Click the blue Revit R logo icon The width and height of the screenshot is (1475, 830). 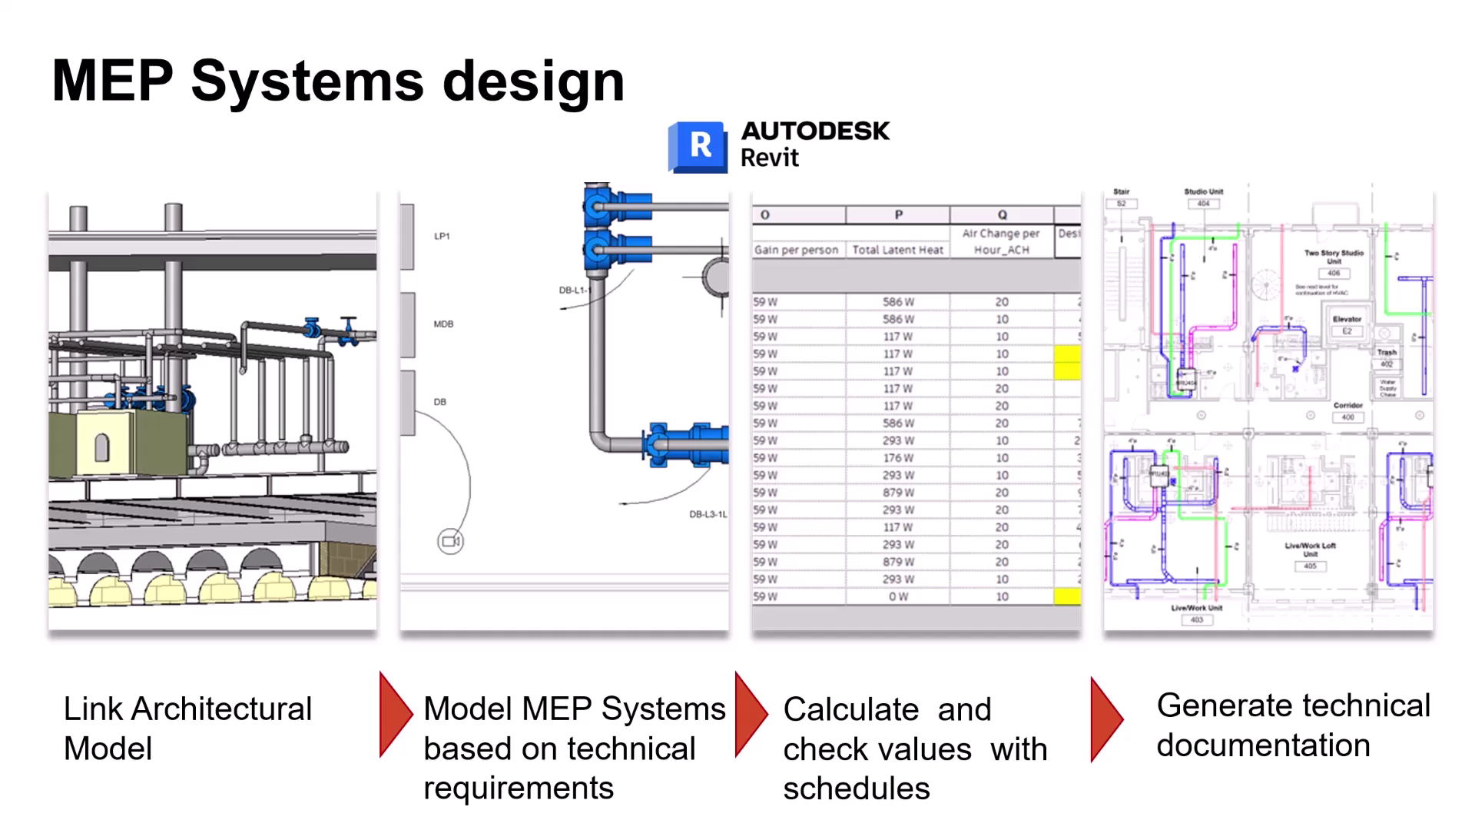tap(698, 146)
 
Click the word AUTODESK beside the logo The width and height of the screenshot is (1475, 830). tap(815, 131)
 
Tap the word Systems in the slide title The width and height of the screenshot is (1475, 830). tap(307, 81)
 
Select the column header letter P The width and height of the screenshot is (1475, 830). tap(898, 215)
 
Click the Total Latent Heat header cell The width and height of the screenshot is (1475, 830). tap(897, 250)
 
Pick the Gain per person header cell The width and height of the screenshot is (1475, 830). tap(797, 250)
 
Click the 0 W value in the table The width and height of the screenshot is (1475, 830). tap(898, 596)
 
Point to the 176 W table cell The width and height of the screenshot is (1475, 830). tap(898, 458)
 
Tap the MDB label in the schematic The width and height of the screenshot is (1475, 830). tap(443, 324)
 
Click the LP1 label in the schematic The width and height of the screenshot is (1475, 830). tap(442, 236)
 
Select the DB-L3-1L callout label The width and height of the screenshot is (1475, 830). tap(708, 514)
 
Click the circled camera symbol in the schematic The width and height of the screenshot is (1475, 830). tap(451, 542)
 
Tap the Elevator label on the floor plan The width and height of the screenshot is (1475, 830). tap(1347, 319)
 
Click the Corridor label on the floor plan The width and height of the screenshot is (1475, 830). tap(1348, 405)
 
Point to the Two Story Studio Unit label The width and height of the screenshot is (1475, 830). tap(1334, 257)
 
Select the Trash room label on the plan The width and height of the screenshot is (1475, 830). tap(1387, 352)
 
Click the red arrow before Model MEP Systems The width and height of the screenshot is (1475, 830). tap(396, 715)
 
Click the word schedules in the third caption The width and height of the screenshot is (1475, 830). tap(857, 788)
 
